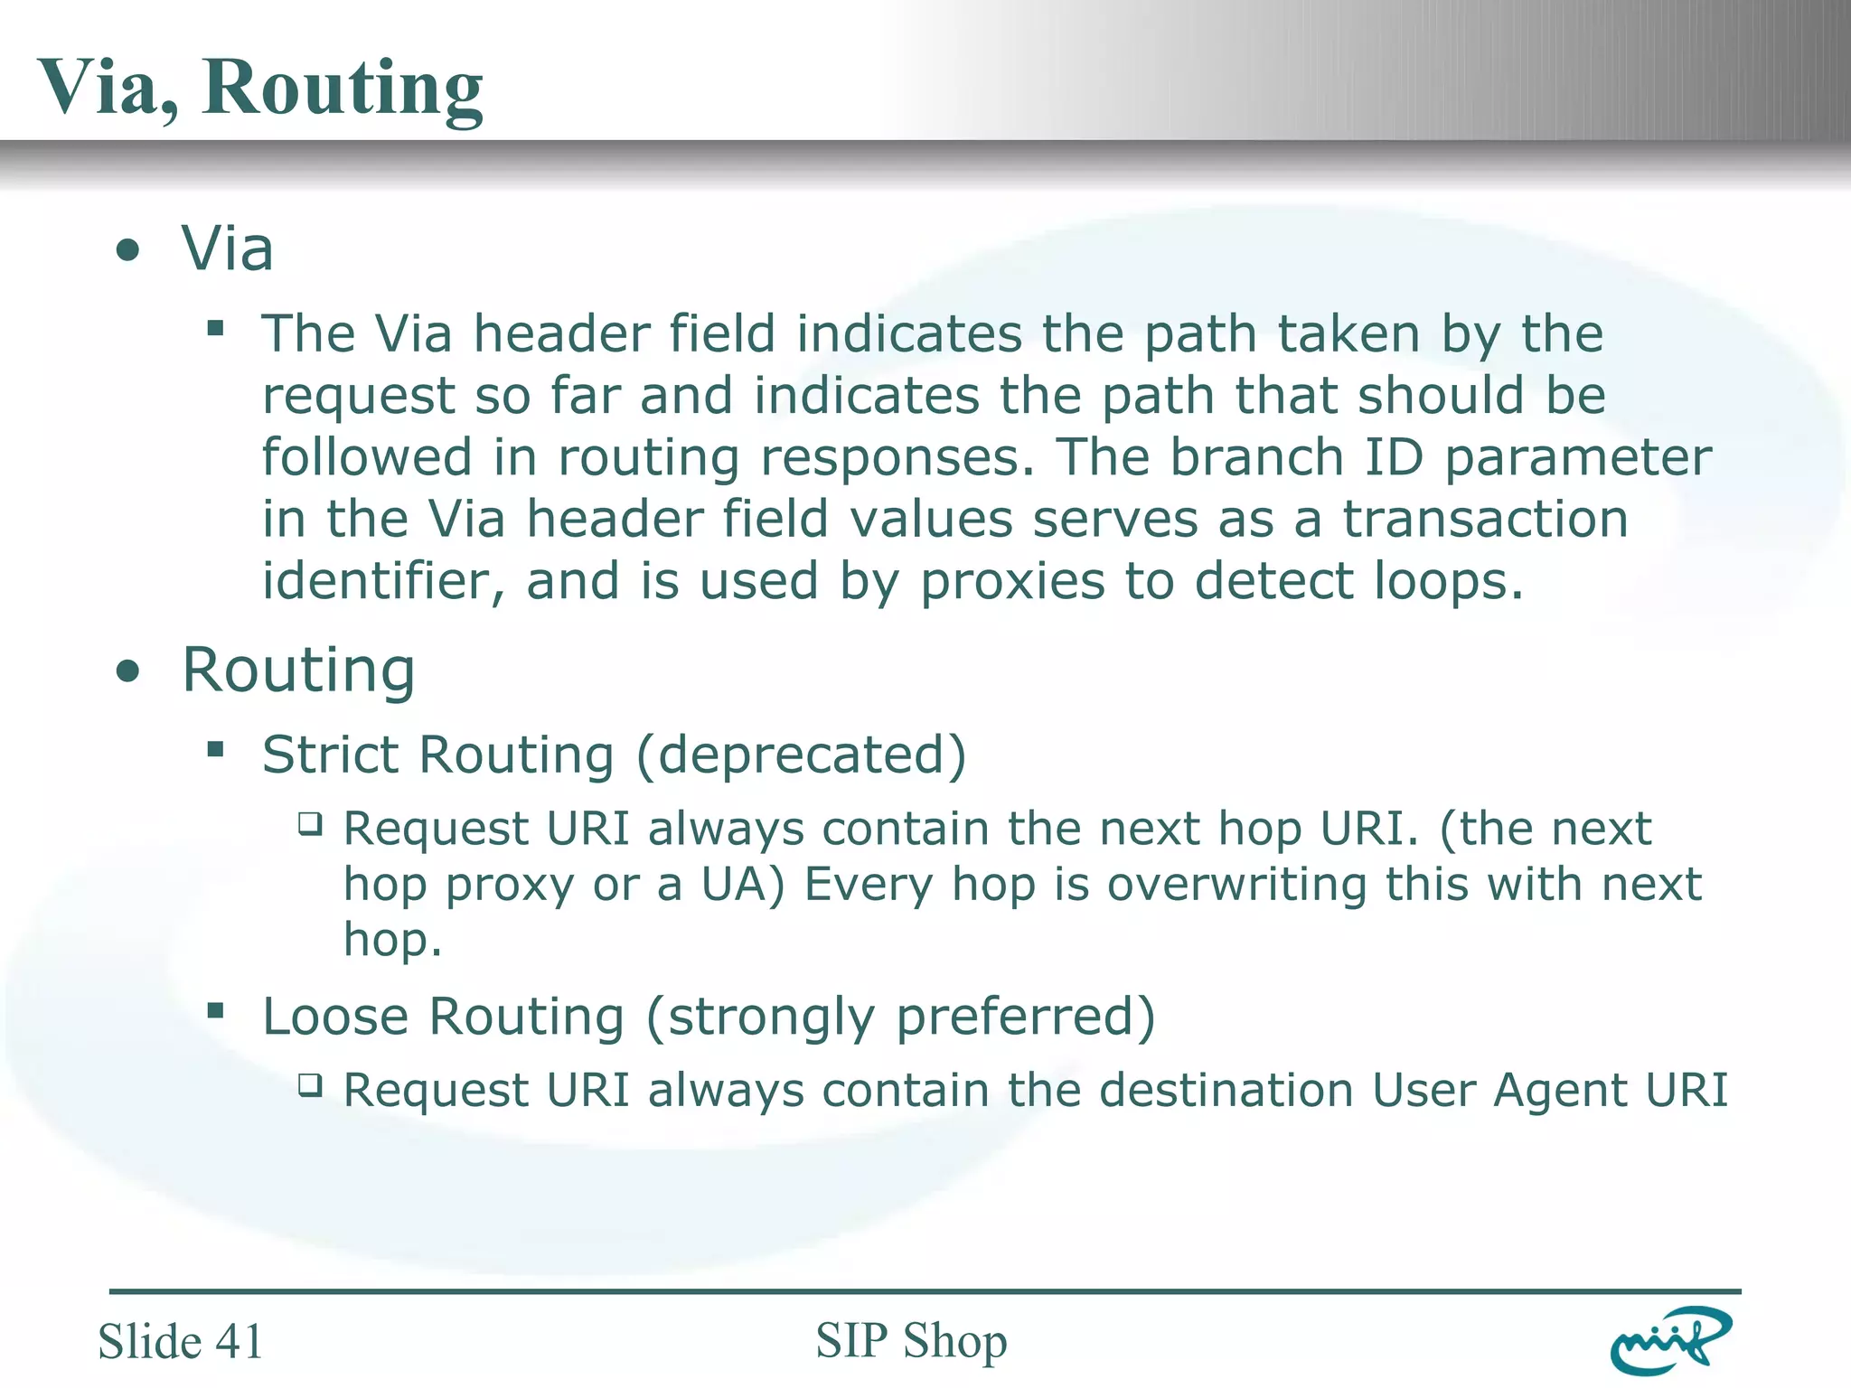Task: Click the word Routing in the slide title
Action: [343, 89]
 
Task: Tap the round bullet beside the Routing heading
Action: [128, 671]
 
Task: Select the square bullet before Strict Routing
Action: [215, 748]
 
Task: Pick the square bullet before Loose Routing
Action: [215, 1010]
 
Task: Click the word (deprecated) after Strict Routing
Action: [802, 755]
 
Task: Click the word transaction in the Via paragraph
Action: [1485, 520]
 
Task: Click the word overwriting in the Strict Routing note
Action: [1236, 884]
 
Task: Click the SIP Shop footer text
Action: [911, 1341]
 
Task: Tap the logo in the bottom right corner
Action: [1670, 1341]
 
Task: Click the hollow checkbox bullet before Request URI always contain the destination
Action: [310, 1084]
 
